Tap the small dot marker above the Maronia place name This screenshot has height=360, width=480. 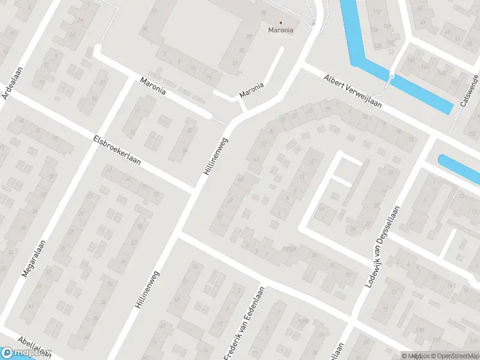point(280,23)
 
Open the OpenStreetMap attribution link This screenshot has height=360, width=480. point(451,356)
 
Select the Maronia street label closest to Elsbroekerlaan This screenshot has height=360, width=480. point(152,89)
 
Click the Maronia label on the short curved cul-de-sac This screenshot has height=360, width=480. point(252,91)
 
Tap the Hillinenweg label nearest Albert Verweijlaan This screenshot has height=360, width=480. point(216,155)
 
